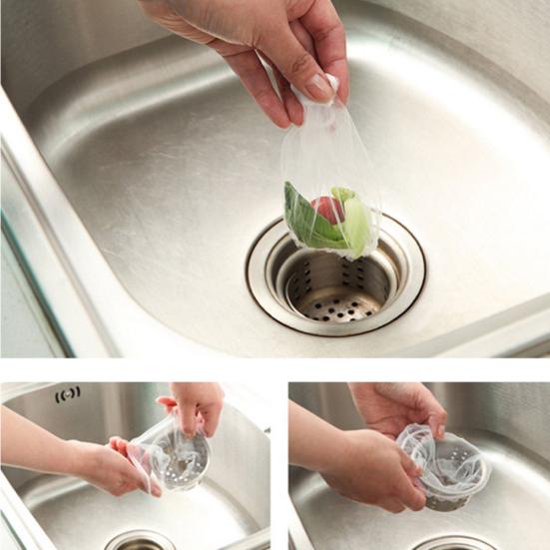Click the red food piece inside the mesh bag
pyautogui.click(x=328, y=210)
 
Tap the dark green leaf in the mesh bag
pyautogui.click(x=303, y=219)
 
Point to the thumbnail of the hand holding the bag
pyautogui.click(x=316, y=88)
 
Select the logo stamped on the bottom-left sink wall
pyautogui.click(x=68, y=395)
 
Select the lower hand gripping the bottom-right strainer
pyautogui.click(x=374, y=469)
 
